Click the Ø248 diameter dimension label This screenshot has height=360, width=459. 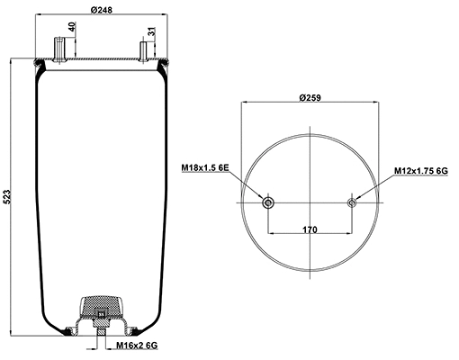[100, 10]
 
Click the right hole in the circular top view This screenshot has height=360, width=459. [352, 202]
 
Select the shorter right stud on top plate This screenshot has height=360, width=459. [144, 50]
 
